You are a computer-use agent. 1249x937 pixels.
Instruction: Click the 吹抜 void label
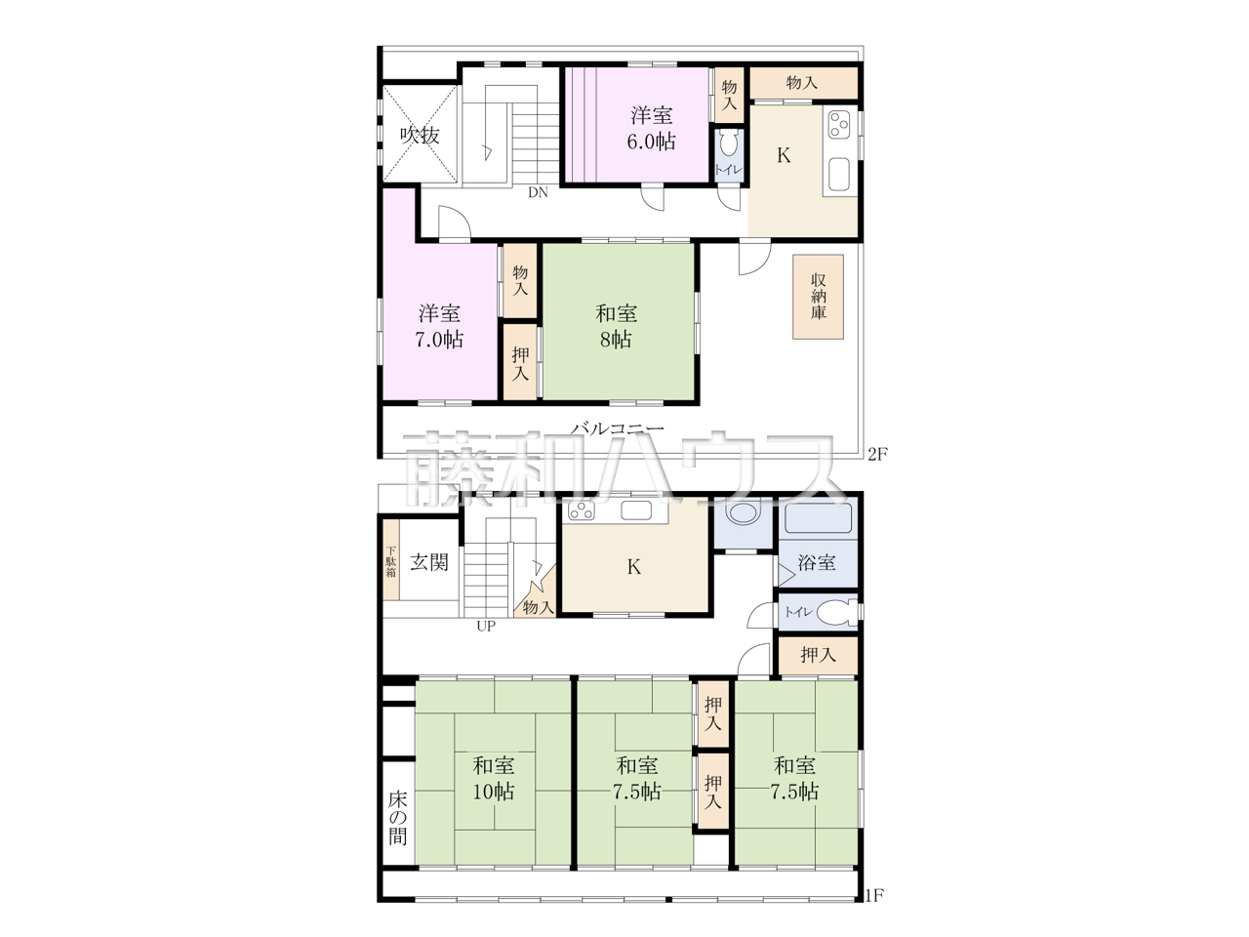[420, 136]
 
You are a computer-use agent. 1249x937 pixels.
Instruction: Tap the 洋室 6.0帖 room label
[651, 128]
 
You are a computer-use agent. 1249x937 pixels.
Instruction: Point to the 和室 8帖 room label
[616, 326]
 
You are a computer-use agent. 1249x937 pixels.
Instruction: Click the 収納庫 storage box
[819, 297]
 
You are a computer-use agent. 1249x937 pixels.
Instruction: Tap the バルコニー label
[618, 428]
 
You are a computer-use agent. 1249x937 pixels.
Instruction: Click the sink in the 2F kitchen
[839, 175]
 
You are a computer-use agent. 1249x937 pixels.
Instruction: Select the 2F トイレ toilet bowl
[729, 145]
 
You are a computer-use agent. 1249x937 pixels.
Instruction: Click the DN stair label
[538, 192]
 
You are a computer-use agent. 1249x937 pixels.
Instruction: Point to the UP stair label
[486, 627]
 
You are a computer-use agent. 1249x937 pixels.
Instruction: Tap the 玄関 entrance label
[429, 562]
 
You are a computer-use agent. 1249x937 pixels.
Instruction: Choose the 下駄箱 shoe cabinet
[391, 561]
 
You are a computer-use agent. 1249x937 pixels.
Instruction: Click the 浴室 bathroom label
[817, 562]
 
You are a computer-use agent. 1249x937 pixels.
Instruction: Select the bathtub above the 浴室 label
[818, 517]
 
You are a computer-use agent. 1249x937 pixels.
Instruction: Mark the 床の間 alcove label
[398, 818]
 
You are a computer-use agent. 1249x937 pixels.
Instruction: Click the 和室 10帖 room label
[494, 778]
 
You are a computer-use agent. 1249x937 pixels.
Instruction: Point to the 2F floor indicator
[878, 454]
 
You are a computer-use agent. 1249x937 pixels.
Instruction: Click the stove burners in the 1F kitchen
[581, 510]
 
